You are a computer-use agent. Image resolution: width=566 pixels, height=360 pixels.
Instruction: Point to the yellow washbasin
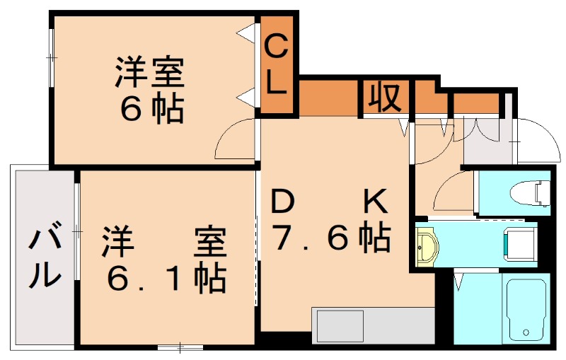427,245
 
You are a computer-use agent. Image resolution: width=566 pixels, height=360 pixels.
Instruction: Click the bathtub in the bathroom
525,308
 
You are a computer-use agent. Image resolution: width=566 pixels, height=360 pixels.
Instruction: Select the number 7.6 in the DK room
311,240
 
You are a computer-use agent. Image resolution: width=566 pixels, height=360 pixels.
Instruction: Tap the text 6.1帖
166,278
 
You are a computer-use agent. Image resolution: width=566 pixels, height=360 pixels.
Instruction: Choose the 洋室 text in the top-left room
150,73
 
